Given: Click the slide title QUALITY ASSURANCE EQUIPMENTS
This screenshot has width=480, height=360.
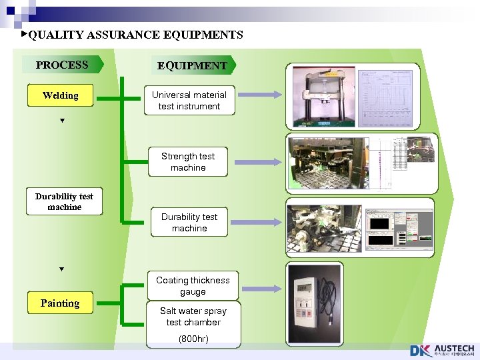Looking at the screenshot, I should [135, 35].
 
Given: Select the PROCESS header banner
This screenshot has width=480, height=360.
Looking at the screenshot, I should [62, 65].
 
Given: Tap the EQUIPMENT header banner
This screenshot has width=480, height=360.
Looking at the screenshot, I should [192, 65].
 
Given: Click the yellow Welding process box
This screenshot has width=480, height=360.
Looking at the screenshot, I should [60, 95].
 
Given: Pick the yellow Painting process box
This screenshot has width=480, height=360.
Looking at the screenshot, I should [60, 303].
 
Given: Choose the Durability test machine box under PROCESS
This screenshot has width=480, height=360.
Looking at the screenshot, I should [64, 201].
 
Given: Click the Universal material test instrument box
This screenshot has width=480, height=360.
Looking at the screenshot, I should [189, 101].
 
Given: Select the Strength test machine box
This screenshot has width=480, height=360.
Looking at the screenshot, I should [188, 162].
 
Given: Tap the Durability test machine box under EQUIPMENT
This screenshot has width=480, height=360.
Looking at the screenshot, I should [189, 223].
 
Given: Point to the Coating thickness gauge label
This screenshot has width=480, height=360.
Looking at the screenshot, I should [193, 286].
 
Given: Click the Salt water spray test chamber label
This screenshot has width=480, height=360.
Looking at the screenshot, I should [193, 317].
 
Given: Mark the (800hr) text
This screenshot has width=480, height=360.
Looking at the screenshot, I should [193, 339].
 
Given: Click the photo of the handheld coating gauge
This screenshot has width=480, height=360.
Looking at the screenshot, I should [315, 303].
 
